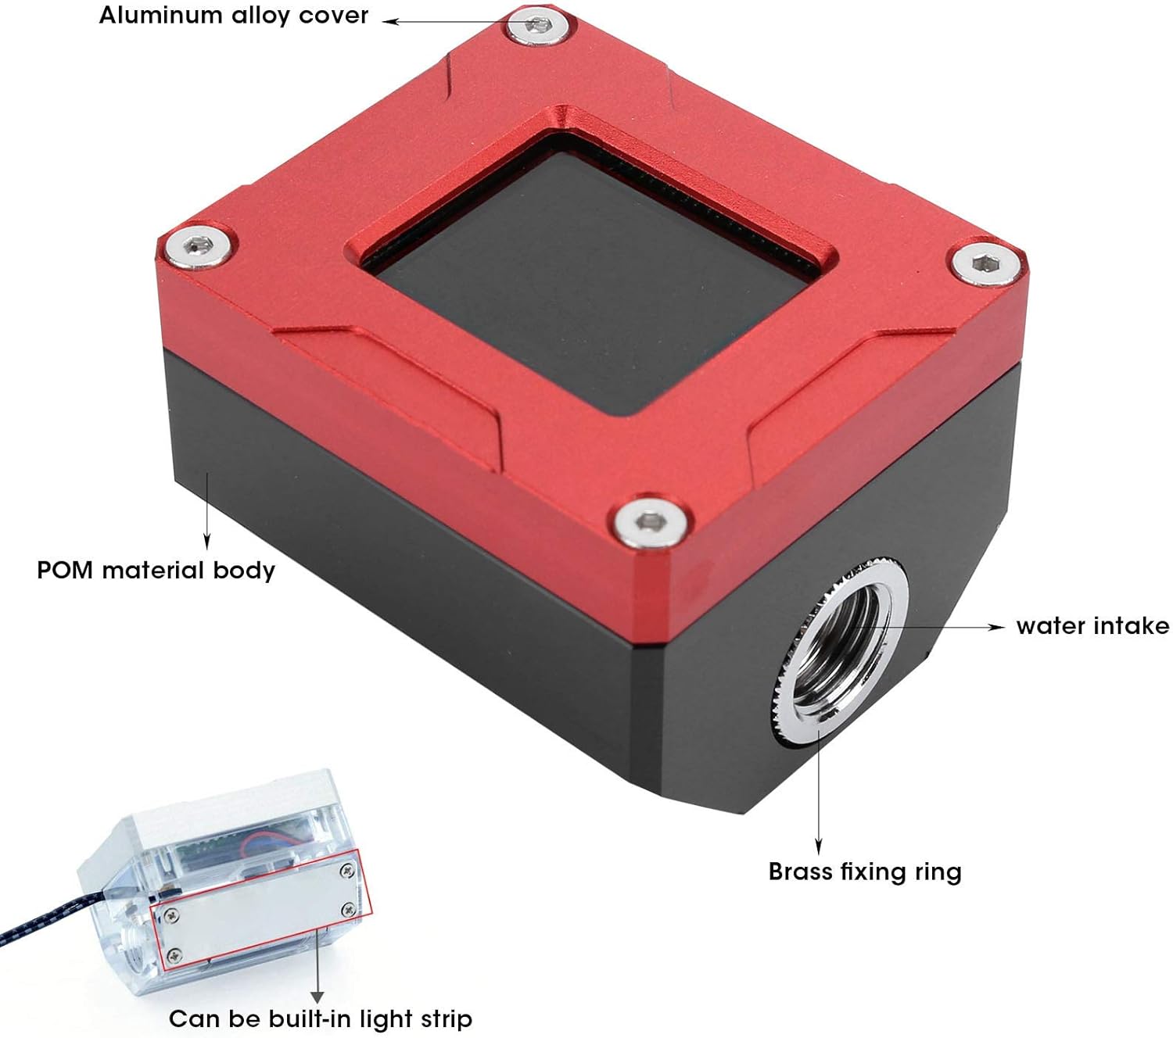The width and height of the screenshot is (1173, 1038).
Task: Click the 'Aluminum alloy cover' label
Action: (233, 16)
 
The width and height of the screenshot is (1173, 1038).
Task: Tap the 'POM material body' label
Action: (156, 570)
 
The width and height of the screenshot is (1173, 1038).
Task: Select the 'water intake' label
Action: (1092, 626)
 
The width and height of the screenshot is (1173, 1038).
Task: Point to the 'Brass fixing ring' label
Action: (865, 872)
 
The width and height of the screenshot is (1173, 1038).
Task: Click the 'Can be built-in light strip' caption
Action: (321, 1018)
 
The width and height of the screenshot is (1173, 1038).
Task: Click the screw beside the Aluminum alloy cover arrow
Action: (539, 26)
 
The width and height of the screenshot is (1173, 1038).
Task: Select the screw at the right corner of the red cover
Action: (986, 264)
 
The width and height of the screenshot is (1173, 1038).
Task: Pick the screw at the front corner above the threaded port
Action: (650, 522)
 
